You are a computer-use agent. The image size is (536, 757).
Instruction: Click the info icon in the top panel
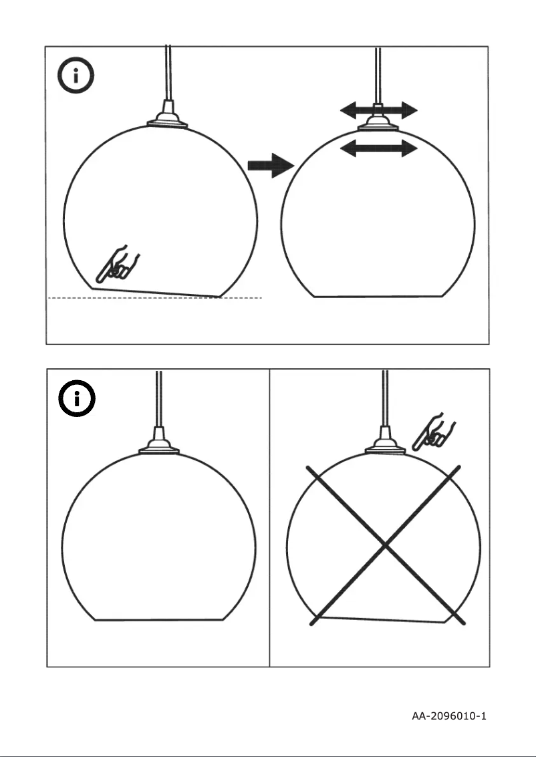click(76, 77)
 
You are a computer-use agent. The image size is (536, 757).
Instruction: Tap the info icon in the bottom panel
click(77, 400)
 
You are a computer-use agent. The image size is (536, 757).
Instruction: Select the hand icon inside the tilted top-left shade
click(118, 265)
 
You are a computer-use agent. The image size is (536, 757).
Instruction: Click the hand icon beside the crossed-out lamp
click(434, 432)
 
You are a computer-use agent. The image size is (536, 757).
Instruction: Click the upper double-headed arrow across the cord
click(378, 110)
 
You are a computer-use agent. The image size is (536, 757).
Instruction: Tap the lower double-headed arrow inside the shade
click(378, 148)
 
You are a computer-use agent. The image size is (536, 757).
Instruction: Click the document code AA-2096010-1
click(448, 716)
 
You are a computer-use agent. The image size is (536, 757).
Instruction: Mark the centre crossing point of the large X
click(385, 546)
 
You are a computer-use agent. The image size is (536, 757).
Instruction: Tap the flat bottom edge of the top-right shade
click(378, 297)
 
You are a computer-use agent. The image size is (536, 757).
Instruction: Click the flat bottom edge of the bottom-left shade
click(159, 620)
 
